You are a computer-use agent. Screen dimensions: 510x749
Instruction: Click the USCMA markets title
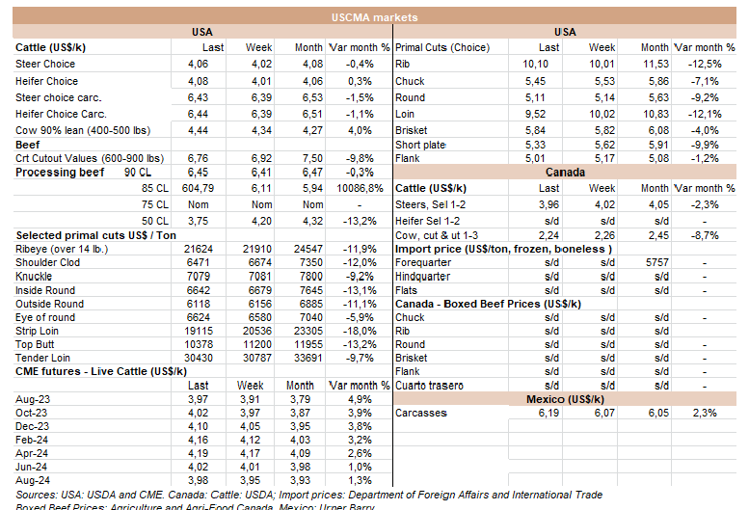[x=374, y=16]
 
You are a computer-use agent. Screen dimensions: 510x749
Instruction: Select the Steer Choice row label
[x=45, y=65]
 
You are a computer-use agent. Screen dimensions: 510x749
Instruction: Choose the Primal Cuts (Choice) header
[x=443, y=47]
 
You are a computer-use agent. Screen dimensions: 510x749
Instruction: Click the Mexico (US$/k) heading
[x=567, y=398]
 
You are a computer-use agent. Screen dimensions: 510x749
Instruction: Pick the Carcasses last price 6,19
[x=546, y=413]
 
